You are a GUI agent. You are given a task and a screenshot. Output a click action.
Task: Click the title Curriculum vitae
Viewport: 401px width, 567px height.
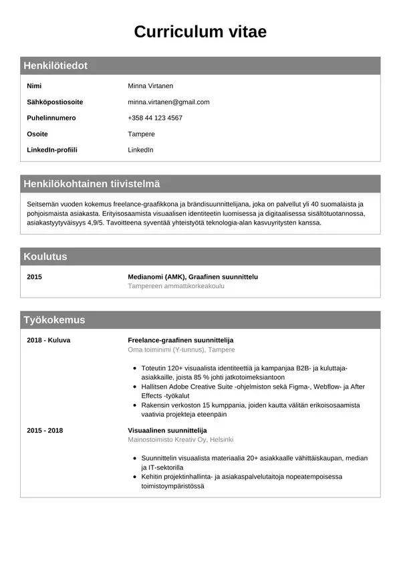pos(200,31)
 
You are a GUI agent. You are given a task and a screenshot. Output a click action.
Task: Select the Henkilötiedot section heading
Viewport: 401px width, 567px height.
pos(55,66)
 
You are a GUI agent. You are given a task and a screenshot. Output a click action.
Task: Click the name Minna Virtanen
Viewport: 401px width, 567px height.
pos(150,86)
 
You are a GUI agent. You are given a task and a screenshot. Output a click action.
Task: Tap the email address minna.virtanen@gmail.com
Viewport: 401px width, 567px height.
pos(168,102)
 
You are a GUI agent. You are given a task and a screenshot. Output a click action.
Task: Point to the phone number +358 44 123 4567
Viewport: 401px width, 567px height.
pos(155,118)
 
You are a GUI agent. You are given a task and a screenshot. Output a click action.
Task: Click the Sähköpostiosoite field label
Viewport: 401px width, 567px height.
pos(55,102)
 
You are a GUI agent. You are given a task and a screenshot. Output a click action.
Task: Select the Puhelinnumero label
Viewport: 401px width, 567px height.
pos(51,118)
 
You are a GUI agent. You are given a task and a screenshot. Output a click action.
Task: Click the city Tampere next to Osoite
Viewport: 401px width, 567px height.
pos(141,134)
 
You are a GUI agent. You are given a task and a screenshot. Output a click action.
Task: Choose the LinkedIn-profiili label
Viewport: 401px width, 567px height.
pos(52,150)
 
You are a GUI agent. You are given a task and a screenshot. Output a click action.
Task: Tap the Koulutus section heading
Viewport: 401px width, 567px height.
pos(45,257)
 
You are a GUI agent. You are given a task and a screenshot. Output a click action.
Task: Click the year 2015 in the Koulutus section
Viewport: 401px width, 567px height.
pos(34,277)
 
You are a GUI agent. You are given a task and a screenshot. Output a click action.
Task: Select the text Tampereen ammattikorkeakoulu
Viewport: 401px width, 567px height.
pos(176,286)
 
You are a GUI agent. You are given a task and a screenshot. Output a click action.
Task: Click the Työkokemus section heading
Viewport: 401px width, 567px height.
pos(54,320)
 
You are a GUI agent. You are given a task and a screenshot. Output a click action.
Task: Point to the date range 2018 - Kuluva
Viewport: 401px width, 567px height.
pos(48,340)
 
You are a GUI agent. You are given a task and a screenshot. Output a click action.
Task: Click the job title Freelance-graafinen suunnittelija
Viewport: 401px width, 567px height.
pos(180,340)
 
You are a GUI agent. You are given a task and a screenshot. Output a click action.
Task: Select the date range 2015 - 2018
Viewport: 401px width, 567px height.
pos(45,431)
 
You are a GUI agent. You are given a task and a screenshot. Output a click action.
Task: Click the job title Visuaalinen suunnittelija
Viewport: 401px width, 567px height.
pos(167,431)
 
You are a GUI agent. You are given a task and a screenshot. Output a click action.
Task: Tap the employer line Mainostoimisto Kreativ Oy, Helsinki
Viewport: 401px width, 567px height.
pos(180,440)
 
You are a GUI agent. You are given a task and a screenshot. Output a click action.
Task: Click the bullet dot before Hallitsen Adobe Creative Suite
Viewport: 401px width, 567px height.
pos(136,387)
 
